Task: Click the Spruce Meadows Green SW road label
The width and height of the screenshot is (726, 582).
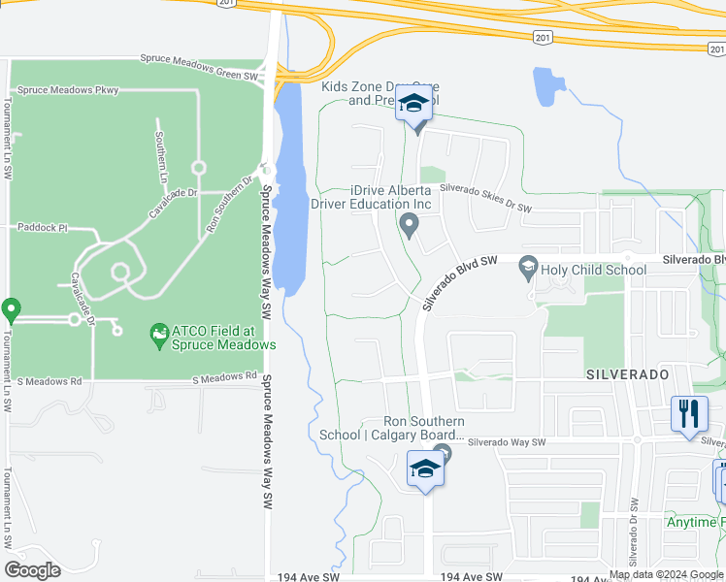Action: pos(199,60)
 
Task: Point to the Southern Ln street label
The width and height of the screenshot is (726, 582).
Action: pos(162,157)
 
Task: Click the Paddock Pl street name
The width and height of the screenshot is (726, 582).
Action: pos(42,227)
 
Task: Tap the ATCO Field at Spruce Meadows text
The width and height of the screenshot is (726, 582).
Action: pos(223,338)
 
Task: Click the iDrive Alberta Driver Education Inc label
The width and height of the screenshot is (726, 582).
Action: pos(371,197)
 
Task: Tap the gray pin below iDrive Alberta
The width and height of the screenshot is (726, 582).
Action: pos(409,226)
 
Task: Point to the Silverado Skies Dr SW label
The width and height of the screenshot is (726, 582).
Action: pos(484,199)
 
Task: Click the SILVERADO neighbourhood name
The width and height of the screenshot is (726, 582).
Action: pos(627,373)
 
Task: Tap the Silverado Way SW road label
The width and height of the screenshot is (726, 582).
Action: pos(507,442)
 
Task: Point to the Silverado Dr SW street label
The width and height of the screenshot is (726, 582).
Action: pos(632,532)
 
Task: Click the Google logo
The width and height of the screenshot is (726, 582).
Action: pos(32,570)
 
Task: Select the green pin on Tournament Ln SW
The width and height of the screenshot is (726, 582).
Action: pos(12,310)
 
